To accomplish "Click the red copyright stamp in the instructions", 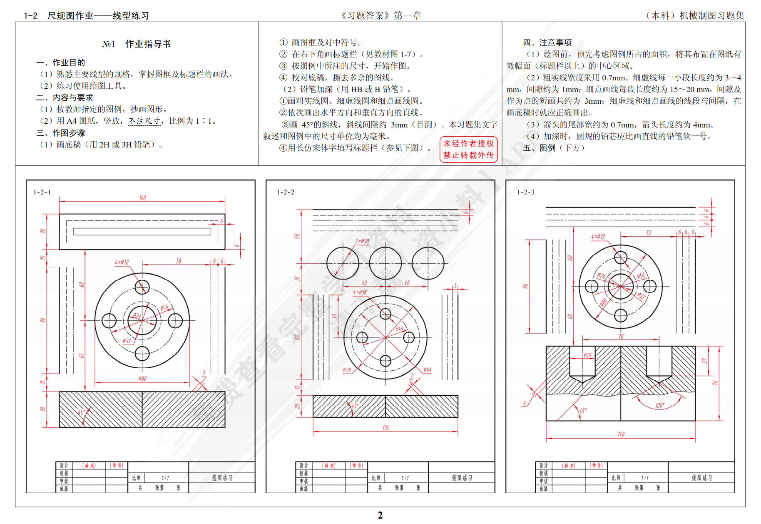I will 468,149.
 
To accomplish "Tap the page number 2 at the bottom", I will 380,515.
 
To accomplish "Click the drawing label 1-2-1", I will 42,192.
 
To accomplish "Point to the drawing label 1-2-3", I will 526,192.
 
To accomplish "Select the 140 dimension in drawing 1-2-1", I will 142,198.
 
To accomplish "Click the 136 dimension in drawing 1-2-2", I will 385,428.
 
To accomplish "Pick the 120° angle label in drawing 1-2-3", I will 660,405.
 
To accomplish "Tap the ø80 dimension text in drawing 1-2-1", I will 142,379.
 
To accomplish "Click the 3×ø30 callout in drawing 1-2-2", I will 362,241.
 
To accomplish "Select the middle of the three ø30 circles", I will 385,263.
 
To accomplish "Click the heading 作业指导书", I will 148,44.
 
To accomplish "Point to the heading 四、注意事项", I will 547,42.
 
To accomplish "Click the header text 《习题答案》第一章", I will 380,16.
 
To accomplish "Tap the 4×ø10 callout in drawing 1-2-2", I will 360,292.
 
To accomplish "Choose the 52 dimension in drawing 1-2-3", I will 649,233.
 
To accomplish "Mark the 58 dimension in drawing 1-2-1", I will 179,261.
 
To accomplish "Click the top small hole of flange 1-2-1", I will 142,287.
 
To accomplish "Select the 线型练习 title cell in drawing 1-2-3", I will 701,478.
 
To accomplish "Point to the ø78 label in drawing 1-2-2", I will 347,370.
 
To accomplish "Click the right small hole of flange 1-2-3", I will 649,286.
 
